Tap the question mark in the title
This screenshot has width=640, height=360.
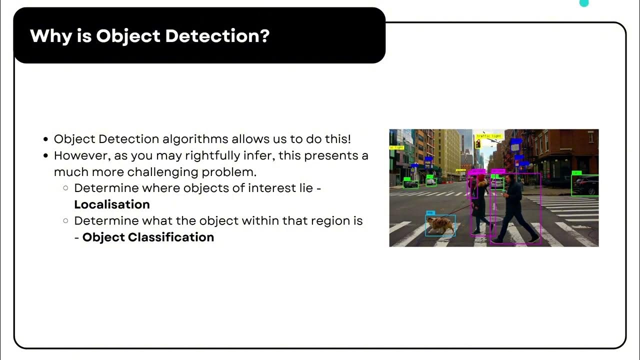264,36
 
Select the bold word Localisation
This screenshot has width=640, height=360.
112,204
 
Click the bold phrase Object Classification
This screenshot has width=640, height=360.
148,237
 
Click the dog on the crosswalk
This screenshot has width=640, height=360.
440,225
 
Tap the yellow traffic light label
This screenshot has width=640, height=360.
488,136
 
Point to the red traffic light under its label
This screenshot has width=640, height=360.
478,144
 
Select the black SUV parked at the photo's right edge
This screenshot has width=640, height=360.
585,185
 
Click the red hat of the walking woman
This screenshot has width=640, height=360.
481,177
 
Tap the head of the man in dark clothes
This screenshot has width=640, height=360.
508,178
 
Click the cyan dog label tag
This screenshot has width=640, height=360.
430,213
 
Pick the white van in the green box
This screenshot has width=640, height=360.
431,181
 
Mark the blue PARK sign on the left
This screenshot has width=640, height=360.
428,161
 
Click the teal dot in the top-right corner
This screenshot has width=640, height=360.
583,3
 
